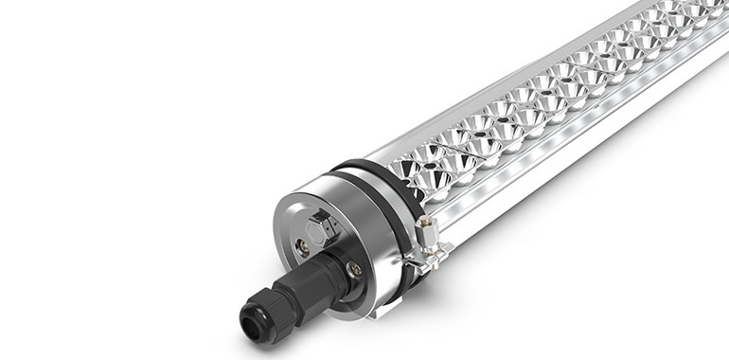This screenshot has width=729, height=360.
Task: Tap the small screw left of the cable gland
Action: pos(302,247)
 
